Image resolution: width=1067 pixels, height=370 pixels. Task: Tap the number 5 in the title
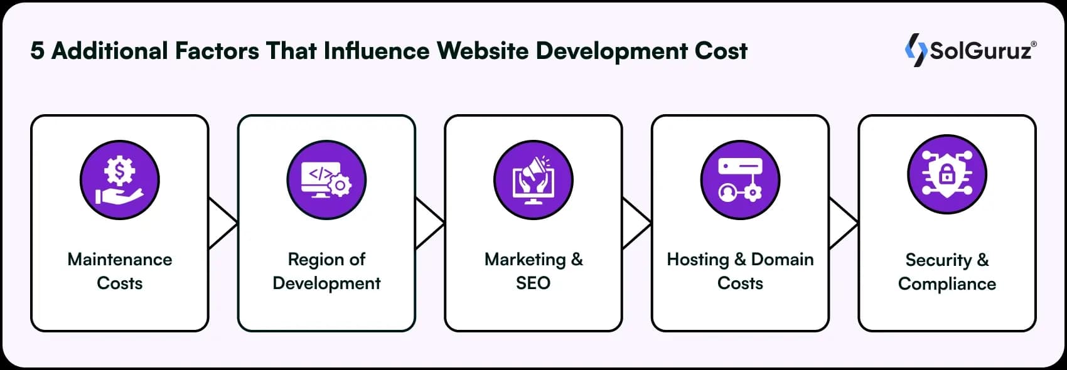point(37,51)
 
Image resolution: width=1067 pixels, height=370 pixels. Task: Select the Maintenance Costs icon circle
point(119,179)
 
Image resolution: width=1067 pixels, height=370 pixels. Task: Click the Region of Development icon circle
point(326,179)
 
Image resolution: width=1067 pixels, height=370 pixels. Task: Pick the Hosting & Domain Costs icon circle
point(740,179)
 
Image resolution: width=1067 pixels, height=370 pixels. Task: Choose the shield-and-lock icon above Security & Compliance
point(947,176)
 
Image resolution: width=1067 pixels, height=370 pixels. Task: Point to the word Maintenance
point(119,260)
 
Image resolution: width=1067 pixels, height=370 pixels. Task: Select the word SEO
point(533,283)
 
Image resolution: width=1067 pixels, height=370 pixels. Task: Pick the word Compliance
point(947,283)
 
